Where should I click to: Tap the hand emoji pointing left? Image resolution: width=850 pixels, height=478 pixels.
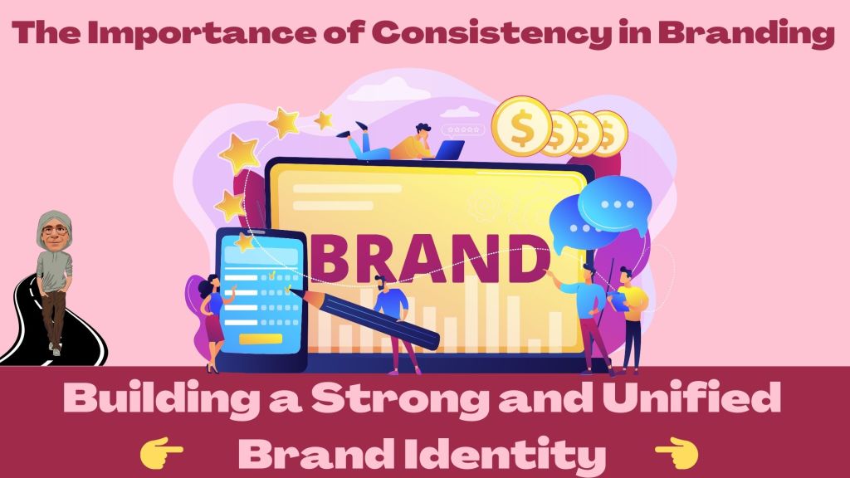click(677, 453)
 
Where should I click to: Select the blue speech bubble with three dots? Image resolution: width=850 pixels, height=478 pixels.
click(613, 204)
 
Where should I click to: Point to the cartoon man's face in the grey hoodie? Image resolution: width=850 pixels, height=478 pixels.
click(54, 231)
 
